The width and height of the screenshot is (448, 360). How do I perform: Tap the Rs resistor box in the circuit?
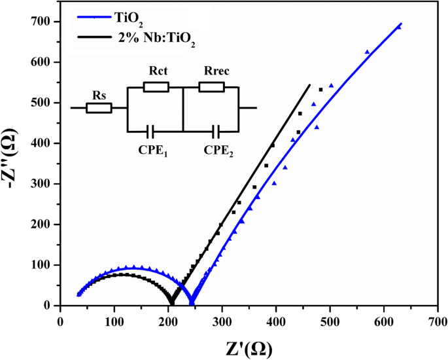(x=99, y=107)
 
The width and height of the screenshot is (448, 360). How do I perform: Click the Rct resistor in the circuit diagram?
(x=156, y=87)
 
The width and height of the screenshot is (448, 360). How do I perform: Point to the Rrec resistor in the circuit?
(x=211, y=87)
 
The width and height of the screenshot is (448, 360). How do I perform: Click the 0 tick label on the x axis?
(x=61, y=321)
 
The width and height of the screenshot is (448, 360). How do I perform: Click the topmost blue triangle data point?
(x=399, y=27)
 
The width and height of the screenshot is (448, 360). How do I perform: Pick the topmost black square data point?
(x=320, y=89)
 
